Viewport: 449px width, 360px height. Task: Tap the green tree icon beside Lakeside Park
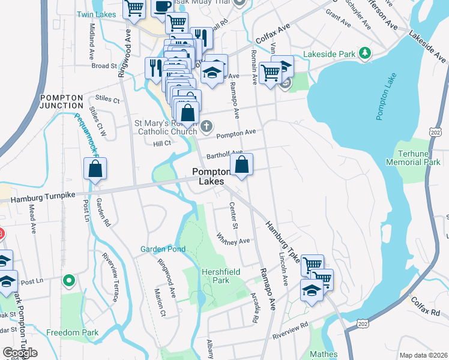point(364,54)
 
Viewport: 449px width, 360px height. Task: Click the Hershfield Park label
point(221,276)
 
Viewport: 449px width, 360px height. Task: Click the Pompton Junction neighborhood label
point(61,101)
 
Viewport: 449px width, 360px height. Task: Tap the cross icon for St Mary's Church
point(206,126)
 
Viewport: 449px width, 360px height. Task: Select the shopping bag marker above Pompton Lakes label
point(241,164)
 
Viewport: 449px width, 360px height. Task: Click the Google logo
point(20,353)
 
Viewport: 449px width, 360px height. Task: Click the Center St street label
point(234,216)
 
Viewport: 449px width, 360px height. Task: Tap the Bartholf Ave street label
point(224,154)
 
